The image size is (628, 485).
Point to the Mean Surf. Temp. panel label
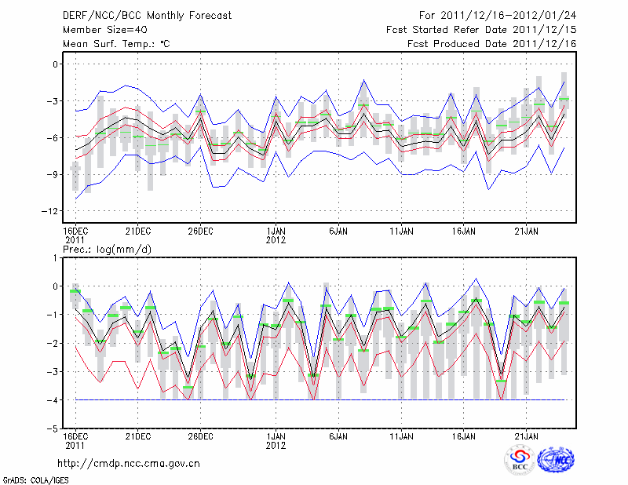[115, 43]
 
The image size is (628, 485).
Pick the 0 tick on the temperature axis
[56, 64]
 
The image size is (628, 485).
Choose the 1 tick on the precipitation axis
[56, 257]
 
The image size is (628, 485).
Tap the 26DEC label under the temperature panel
[200, 231]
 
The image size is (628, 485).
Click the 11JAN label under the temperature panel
[401, 231]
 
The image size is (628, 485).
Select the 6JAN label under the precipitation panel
[338, 436]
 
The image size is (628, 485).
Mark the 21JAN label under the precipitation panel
[527, 436]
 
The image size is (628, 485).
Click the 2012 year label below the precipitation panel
[276, 445]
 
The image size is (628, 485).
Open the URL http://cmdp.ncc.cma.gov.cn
[129, 463]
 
